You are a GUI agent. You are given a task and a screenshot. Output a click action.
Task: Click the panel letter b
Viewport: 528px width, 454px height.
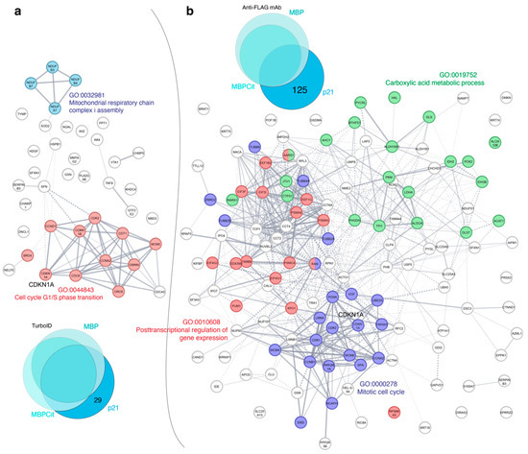pos(190,10)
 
